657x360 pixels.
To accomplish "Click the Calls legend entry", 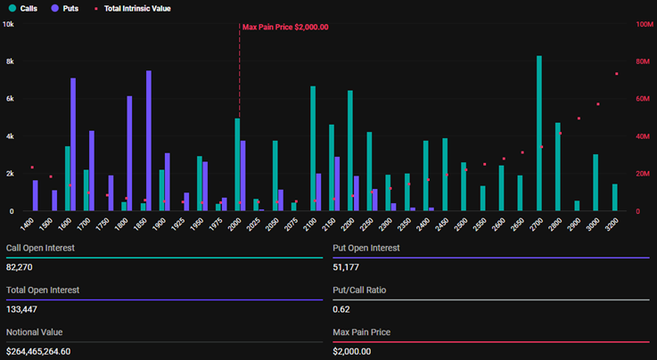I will [26, 8].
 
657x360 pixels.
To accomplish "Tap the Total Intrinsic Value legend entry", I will [133, 8].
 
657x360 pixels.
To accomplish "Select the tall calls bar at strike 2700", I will [539, 134].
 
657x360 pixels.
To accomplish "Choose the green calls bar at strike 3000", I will [595, 183].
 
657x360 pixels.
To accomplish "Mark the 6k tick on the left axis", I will [9, 99].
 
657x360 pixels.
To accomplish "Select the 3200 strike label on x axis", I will [612, 224].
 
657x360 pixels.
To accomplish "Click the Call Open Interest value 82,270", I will [19, 266].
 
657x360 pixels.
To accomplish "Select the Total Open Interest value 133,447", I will [21, 309].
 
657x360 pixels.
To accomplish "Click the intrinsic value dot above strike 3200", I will [616, 74].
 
